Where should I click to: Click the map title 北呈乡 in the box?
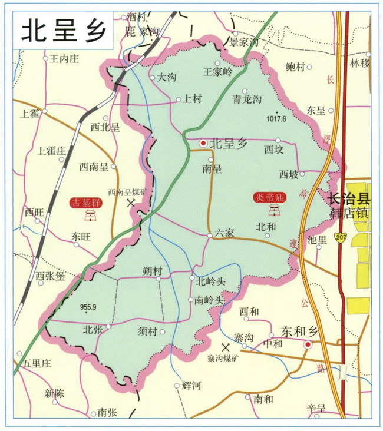(x=60, y=31)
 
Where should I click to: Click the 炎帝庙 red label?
(x=269, y=198)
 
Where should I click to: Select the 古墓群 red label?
(x=86, y=203)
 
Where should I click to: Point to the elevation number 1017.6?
(x=276, y=118)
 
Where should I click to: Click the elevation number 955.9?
(x=86, y=307)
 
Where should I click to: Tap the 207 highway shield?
(x=339, y=237)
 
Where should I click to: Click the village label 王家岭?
(x=217, y=72)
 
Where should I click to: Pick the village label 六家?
(x=224, y=233)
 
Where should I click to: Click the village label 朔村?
(x=152, y=271)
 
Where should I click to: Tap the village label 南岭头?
(x=210, y=300)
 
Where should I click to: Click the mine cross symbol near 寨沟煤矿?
(x=224, y=347)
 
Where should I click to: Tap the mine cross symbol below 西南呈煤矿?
(x=131, y=202)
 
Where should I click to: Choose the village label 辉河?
(x=192, y=386)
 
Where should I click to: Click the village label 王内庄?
(x=64, y=59)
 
